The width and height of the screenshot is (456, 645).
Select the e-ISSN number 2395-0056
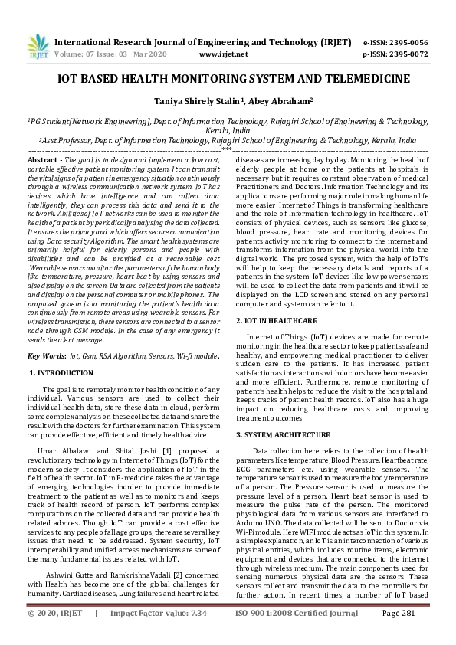[x=407, y=42]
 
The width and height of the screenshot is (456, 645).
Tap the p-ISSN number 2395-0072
[x=407, y=54]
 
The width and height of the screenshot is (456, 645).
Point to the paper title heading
[x=228, y=79]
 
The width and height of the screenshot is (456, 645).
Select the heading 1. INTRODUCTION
[x=61, y=372]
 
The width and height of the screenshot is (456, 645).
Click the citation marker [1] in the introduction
[x=163, y=452]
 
